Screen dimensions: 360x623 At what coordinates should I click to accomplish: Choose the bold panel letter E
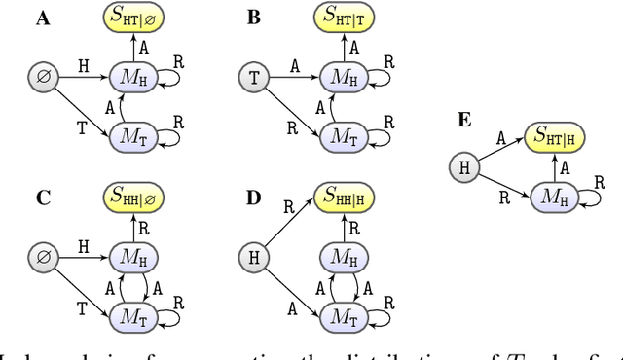[x=464, y=120]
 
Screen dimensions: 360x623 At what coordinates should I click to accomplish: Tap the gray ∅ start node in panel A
[x=43, y=74]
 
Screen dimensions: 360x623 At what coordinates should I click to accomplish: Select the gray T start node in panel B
[x=254, y=74]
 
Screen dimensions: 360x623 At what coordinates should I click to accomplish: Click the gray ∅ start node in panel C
[x=43, y=258]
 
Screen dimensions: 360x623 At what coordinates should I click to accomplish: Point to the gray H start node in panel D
[x=254, y=258]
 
